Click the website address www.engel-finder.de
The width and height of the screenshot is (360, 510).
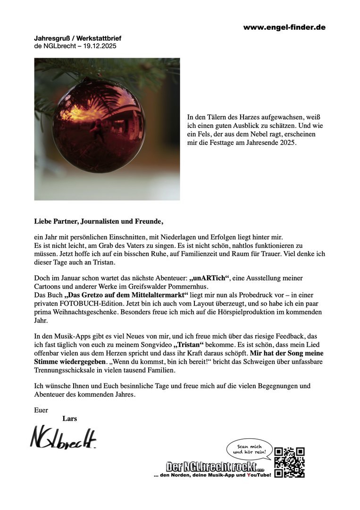point(284,27)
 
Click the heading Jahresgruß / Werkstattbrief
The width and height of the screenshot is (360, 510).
point(74,37)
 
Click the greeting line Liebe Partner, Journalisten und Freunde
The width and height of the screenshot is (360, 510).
point(99,221)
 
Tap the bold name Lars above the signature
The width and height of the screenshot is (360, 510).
point(69,418)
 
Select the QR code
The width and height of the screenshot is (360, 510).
point(289,462)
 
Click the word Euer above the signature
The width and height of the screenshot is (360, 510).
point(41,410)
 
